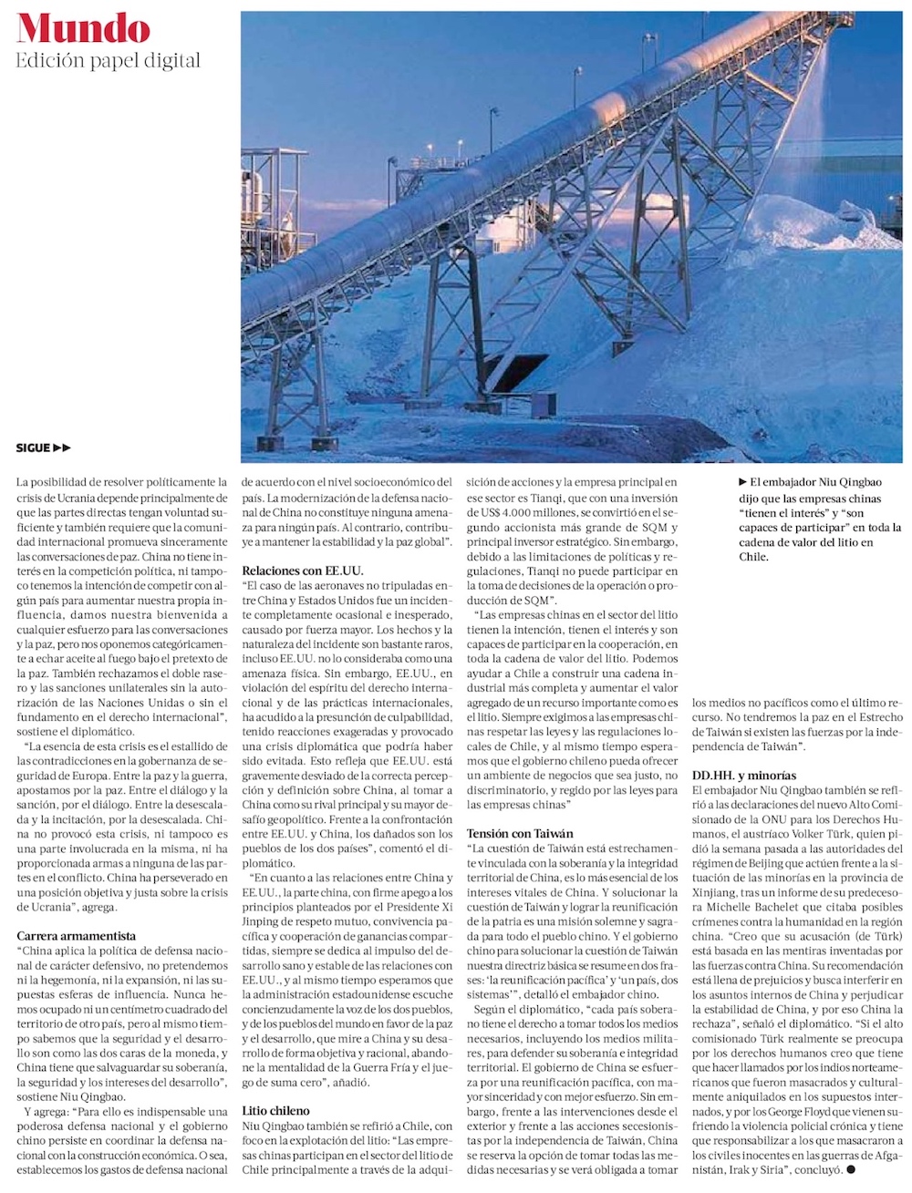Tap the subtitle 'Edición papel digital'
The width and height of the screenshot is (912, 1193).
108,61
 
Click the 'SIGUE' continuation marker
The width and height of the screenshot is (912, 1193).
43,447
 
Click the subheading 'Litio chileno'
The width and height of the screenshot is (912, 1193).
275,1111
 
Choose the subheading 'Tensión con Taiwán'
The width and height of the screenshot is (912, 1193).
520,833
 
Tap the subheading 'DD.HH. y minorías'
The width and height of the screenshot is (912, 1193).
744,776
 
